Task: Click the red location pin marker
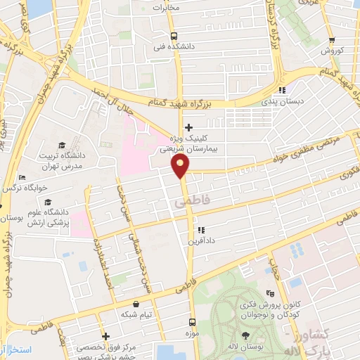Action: (x=181, y=167)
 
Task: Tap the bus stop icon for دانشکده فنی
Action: (x=174, y=37)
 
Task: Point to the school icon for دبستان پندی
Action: (x=282, y=90)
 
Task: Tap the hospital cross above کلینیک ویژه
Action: (x=188, y=127)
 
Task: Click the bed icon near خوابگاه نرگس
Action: (x=22, y=178)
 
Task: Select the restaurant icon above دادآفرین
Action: (x=201, y=229)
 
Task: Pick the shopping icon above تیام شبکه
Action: (x=136, y=304)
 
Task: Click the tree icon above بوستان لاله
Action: (x=245, y=335)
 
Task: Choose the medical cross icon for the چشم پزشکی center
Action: (x=105, y=336)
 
